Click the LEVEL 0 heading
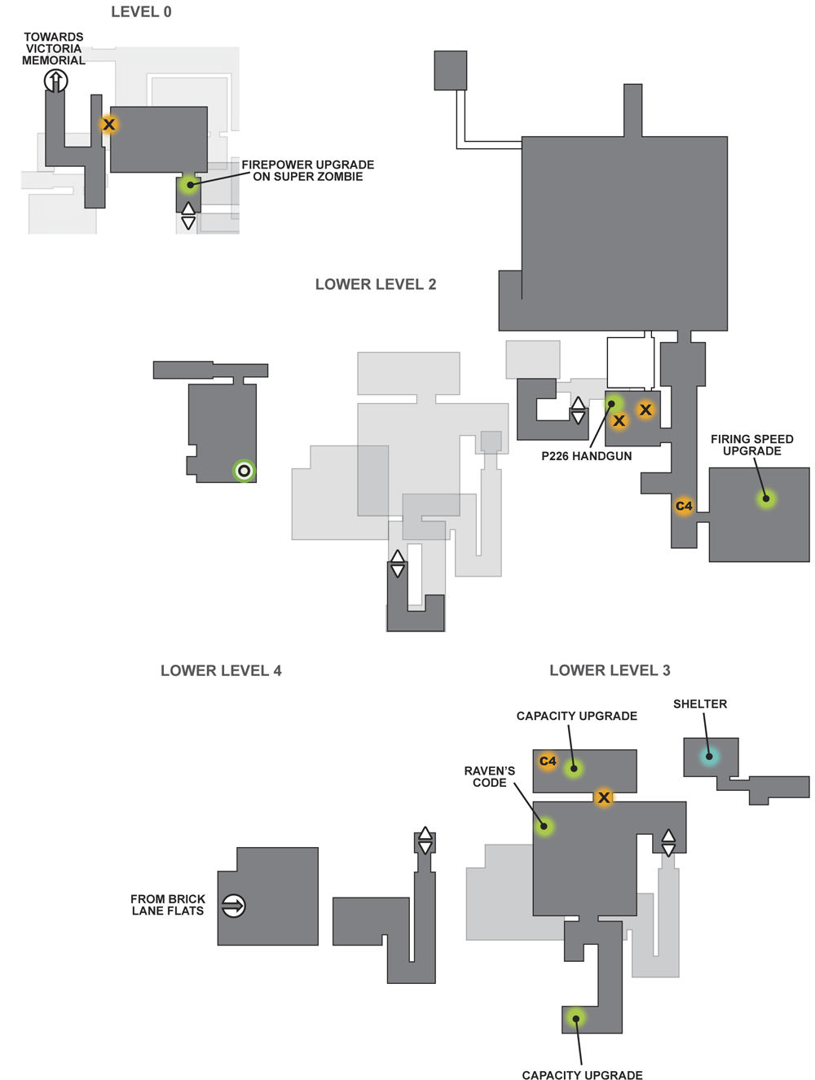141,11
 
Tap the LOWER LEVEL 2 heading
376,284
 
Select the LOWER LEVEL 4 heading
221,670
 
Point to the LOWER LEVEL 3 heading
610,670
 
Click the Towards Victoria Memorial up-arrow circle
55,81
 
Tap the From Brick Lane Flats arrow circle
233,906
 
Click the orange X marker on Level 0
108,124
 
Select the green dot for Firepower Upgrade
189,185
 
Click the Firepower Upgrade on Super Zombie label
307,170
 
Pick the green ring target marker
244,471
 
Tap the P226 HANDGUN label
586,456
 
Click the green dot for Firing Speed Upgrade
766,499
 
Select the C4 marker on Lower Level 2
684,506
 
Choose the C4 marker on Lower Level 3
547,762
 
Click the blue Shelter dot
709,757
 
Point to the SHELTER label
700,704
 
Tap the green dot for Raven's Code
544,826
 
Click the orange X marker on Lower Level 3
604,797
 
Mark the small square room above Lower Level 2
451,70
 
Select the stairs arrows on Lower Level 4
425,840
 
